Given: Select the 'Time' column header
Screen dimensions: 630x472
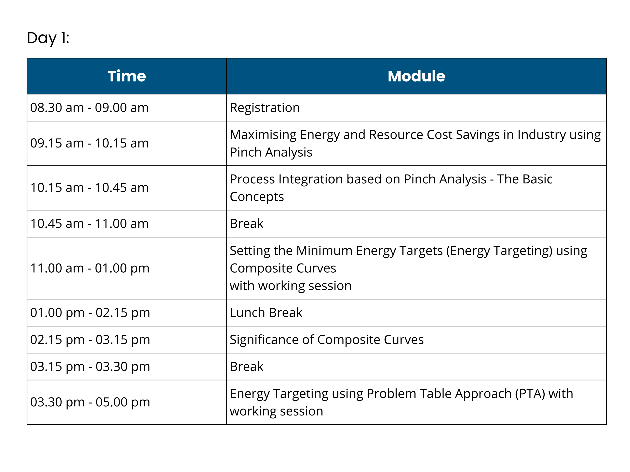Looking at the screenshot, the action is (x=127, y=76).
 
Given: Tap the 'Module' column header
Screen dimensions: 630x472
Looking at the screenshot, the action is (x=416, y=76).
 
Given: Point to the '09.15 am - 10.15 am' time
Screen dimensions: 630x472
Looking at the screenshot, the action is (x=89, y=143).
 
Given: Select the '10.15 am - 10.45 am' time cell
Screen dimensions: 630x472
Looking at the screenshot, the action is (x=89, y=188).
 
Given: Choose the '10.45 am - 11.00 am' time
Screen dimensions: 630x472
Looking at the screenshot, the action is (x=89, y=224).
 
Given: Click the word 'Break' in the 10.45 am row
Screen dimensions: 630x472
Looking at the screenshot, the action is (x=247, y=224).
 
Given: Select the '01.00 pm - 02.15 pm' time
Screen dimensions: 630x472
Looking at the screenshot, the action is (x=90, y=313).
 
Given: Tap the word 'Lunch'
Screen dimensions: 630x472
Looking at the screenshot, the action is (x=247, y=313).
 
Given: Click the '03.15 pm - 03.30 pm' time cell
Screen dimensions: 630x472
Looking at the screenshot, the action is (x=90, y=367).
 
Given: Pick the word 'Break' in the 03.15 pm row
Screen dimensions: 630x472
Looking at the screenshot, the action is (x=247, y=367).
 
